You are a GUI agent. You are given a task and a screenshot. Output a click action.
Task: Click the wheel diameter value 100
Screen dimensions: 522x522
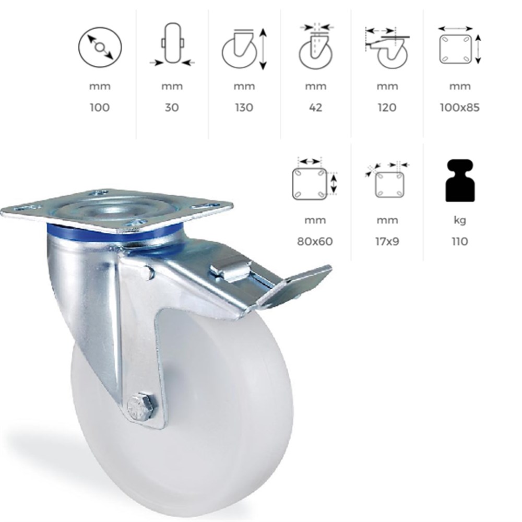coord(100,108)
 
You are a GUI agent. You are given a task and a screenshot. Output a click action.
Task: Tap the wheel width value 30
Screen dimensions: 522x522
coord(172,108)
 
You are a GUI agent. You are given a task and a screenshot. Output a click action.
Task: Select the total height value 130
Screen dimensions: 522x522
coord(244,108)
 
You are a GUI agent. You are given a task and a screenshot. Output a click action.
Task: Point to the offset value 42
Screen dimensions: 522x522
coord(316,108)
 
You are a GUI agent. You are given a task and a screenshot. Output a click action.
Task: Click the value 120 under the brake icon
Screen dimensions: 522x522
coord(387,108)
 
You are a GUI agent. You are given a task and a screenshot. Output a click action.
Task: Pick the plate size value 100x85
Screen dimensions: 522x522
coord(459,108)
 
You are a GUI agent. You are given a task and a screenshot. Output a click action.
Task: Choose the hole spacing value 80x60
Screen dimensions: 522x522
coord(315,241)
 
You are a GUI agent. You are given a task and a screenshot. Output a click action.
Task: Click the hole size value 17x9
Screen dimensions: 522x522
coord(387,241)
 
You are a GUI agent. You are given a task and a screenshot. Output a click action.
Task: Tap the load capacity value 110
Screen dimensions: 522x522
coord(460,241)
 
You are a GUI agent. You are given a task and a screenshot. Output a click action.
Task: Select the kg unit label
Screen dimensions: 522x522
coord(460,220)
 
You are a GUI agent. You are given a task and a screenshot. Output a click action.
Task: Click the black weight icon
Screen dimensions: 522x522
coord(460,181)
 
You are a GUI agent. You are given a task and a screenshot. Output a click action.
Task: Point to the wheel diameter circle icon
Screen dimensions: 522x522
coord(100,48)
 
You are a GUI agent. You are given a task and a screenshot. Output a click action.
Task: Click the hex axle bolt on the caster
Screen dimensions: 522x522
coord(141,406)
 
